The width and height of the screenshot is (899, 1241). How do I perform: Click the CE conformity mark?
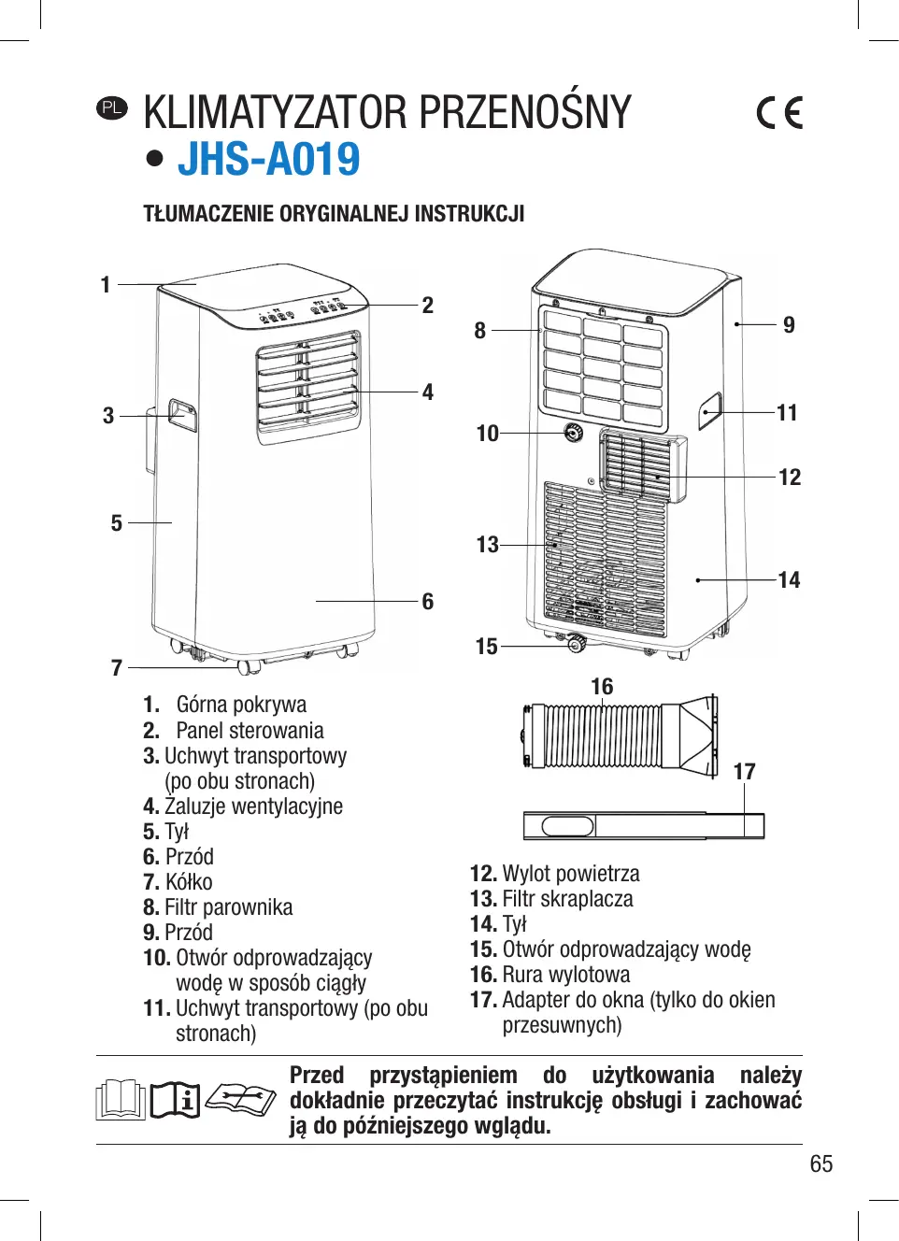click(x=779, y=113)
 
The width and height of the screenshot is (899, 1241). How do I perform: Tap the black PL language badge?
click(x=111, y=107)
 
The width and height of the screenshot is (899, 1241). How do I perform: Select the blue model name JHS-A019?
click(x=269, y=159)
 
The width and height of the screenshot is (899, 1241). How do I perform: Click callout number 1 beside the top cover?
click(x=106, y=284)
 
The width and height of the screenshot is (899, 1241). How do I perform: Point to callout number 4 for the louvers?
click(x=427, y=392)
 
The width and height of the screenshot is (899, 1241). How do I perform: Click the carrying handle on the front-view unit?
click(x=181, y=415)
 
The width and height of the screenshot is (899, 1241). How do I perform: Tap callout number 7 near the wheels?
click(x=117, y=668)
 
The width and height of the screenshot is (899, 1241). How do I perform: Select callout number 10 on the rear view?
click(x=487, y=434)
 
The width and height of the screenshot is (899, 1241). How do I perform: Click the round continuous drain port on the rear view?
click(x=573, y=433)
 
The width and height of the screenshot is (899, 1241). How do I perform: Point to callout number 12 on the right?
click(x=790, y=478)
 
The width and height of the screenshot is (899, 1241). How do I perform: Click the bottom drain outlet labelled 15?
click(x=577, y=643)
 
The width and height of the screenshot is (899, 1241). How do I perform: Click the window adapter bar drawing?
click(x=643, y=826)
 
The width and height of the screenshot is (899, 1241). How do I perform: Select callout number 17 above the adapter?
click(x=744, y=772)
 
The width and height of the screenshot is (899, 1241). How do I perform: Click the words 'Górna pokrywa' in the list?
click(x=241, y=705)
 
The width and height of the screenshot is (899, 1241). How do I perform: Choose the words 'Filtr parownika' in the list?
click(x=228, y=907)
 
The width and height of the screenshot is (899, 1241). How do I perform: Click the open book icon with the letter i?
click(x=175, y=1100)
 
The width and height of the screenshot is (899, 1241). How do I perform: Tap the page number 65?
click(x=821, y=1163)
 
